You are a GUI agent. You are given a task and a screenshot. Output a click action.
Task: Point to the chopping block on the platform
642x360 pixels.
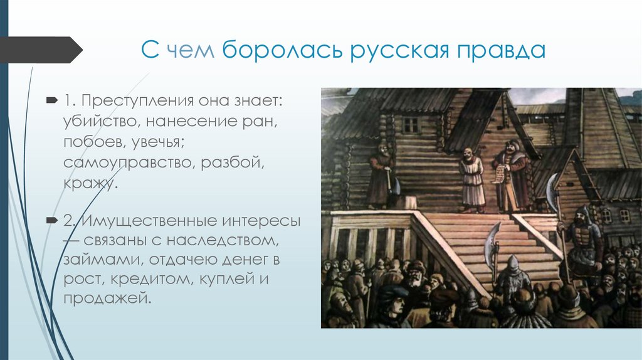[x=411, y=202]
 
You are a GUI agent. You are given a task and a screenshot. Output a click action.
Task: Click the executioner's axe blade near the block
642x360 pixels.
[x=395, y=186]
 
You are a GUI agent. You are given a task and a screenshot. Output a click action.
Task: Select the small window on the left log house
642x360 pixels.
[x=410, y=125]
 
